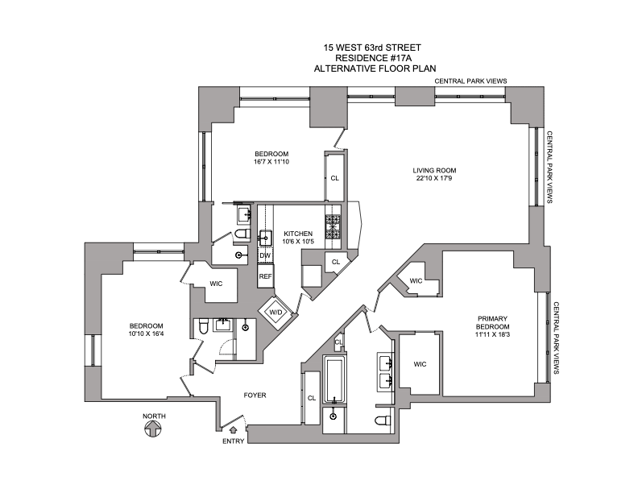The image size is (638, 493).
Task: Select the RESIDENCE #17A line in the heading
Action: [356, 58]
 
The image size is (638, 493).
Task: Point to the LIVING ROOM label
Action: [435, 170]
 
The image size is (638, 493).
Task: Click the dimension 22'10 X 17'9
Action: [435, 180]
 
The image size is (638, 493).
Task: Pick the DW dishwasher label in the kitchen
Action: [264, 255]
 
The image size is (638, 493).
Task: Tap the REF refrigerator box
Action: [265, 276]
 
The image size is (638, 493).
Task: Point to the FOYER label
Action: [255, 396]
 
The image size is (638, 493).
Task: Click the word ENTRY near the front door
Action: [234, 441]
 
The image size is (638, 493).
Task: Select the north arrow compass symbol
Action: [151, 428]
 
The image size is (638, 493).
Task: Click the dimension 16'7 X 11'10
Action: [271, 164]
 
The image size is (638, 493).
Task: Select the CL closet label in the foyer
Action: [312, 398]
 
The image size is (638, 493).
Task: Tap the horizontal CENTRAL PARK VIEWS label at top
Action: [470, 81]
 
